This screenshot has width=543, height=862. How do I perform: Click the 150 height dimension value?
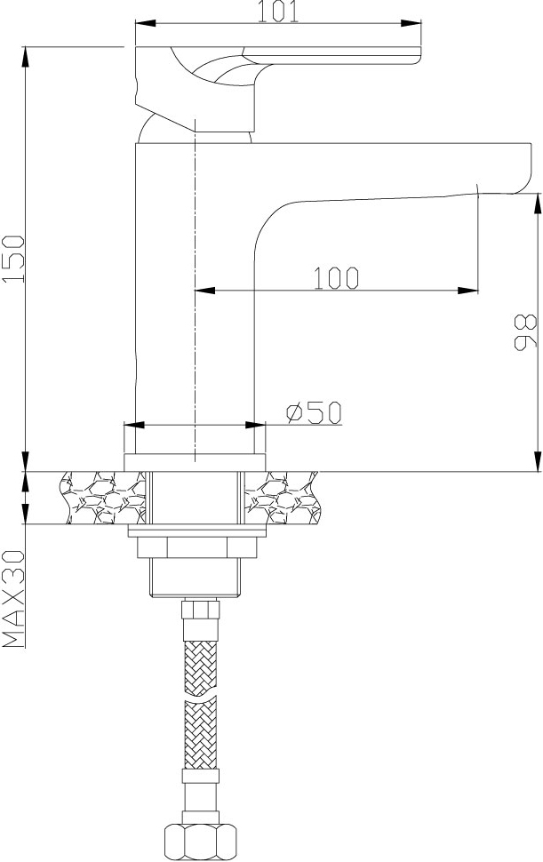pos(13,259)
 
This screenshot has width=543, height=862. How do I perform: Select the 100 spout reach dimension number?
pos(336,278)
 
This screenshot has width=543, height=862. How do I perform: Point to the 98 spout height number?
pos(525,332)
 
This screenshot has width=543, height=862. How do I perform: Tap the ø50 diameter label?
pos(314,412)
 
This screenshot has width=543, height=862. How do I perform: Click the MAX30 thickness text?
pos(13,598)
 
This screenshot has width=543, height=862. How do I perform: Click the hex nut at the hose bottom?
pos(200,840)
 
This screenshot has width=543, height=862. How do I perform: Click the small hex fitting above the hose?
pos(201,610)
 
